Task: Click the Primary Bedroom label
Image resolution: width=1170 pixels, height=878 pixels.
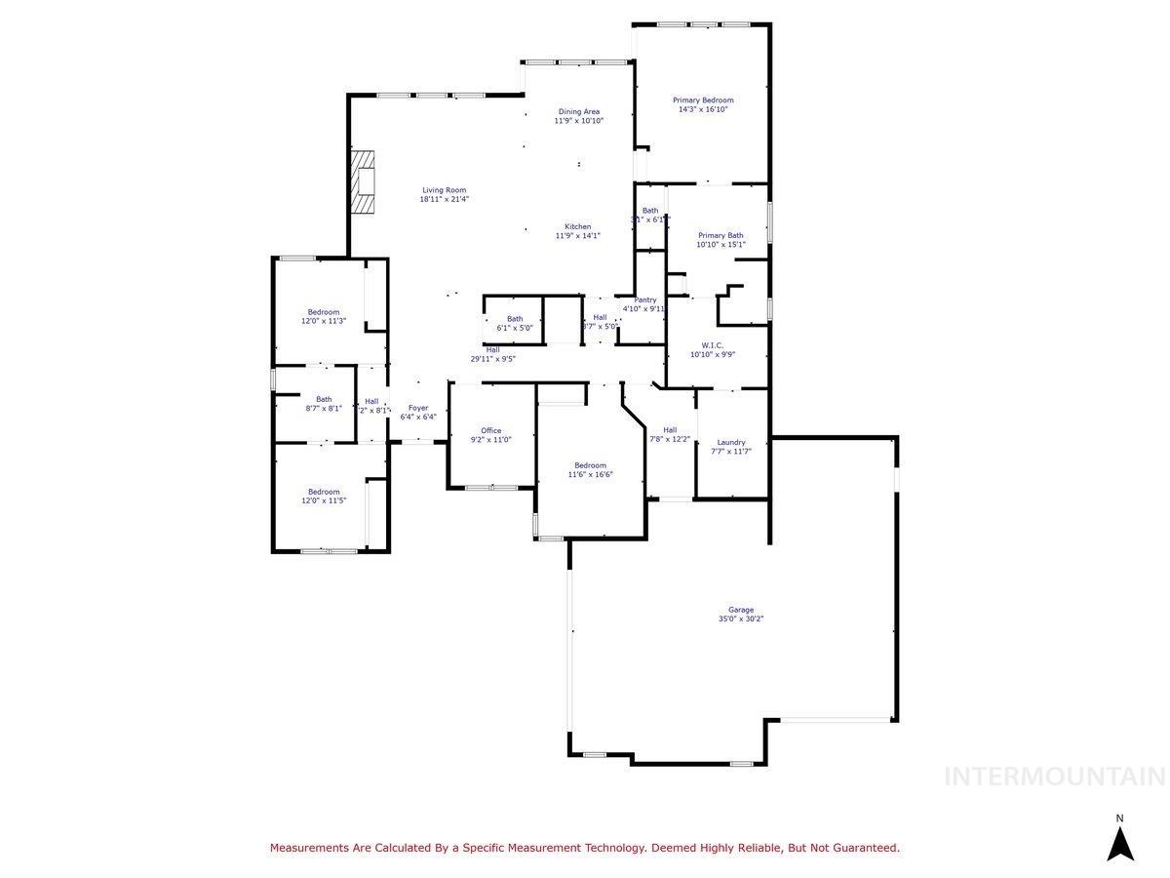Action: [703, 100]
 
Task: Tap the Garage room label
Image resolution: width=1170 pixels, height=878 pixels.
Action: [741, 610]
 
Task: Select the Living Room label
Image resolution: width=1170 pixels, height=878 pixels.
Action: [444, 190]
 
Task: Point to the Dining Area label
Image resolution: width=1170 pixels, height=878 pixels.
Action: [578, 111]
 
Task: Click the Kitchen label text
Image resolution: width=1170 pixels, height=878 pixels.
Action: [578, 226]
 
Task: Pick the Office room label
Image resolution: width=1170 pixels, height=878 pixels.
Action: [490, 430]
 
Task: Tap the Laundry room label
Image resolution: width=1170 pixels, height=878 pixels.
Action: [730, 442]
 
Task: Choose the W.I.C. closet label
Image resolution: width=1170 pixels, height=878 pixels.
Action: [712, 344]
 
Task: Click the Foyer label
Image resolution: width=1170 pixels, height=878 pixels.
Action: [418, 408]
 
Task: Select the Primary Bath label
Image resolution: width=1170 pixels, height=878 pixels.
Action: [721, 235]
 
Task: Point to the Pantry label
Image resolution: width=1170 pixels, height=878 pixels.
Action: [645, 299]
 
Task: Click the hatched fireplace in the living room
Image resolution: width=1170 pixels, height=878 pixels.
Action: [364, 181]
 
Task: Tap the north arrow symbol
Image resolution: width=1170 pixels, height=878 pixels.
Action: [1120, 842]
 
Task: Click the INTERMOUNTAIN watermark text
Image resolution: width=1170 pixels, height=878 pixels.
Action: [1055, 777]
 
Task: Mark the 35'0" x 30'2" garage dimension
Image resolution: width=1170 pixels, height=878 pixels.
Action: [741, 619]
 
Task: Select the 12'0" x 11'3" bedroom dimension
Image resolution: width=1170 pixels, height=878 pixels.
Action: [324, 321]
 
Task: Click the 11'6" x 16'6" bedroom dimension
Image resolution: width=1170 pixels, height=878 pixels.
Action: [590, 474]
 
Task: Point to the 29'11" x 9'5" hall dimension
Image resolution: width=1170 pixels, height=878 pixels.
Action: [492, 359]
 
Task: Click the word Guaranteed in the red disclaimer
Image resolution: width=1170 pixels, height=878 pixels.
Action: [861, 849]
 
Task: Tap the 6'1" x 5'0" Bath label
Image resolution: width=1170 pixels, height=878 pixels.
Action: [514, 328]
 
